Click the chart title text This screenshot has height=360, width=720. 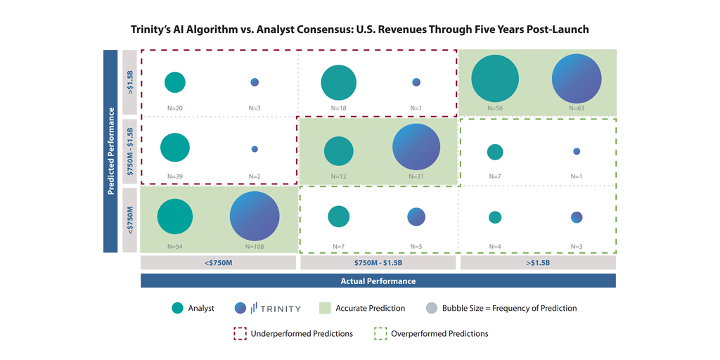pyautogui.click(x=359, y=30)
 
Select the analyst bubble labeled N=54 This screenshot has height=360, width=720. pyautogui.click(x=174, y=217)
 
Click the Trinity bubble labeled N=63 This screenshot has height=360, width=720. pyautogui.click(x=577, y=79)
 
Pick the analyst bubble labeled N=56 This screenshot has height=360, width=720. pyautogui.click(x=495, y=79)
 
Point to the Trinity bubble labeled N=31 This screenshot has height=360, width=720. pyautogui.click(x=416, y=148)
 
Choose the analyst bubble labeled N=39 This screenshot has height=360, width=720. pyautogui.click(x=175, y=148)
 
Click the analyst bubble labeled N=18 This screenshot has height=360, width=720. pyautogui.click(x=339, y=82)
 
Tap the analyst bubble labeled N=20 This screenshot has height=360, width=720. pyautogui.click(x=175, y=82)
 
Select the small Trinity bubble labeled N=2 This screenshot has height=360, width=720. pyautogui.click(x=255, y=149)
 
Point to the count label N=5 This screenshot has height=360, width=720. pyautogui.click(x=416, y=246)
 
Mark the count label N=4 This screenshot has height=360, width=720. pyautogui.click(x=495, y=246)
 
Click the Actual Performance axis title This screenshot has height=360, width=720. pyautogui.click(x=378, y=281)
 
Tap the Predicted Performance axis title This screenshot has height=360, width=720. pyautogui.click(x=110, y=150)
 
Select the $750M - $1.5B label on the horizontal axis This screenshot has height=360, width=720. pyautogui.click(x=378, y=262)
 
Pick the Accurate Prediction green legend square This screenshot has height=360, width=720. pyautogui.click(x=325, y=308)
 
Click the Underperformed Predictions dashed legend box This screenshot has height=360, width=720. pyautogui.click(x=240, y=333)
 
